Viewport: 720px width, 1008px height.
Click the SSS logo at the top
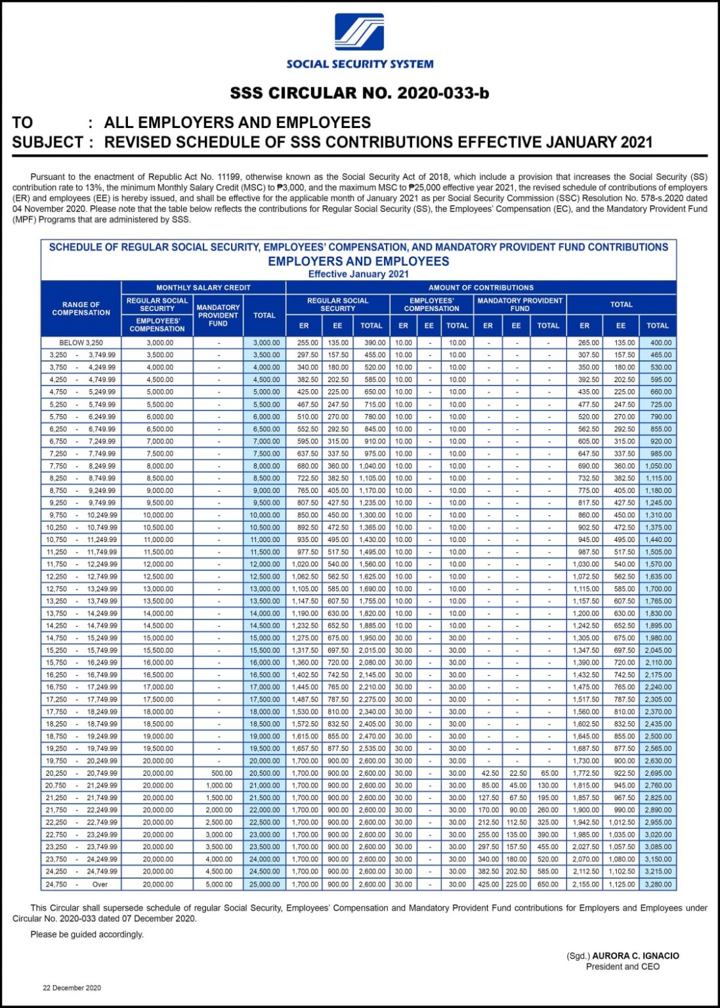pos(359,32)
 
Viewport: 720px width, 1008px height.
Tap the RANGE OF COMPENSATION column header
pos(81,309)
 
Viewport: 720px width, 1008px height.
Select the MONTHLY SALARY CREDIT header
pos(203,287)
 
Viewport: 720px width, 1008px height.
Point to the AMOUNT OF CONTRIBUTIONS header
pos(480,287)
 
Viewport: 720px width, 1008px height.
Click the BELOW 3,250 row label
pos(81,343)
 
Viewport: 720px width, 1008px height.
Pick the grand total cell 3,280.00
pos(658,885)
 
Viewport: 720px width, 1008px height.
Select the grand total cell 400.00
pos(660,343)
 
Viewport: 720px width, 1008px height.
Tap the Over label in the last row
pos(100,885)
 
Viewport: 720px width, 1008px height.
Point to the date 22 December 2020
pos(72,988)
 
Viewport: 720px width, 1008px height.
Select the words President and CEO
pos(622,967)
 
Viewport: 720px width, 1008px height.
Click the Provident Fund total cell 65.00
pos(549,774)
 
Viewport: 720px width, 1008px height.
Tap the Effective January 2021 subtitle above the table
pos(358,274)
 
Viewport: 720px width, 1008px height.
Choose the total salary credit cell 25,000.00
pos(265,885)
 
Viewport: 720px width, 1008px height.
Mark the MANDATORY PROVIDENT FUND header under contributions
pos(519,304)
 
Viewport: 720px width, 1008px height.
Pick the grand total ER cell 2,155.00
pos(585,885)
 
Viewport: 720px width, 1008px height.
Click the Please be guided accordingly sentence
pos(87,934)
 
